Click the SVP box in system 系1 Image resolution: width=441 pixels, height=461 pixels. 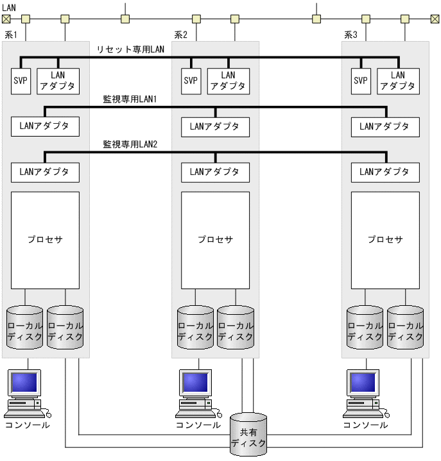[21, 81]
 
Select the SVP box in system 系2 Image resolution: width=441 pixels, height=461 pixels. [191, 81]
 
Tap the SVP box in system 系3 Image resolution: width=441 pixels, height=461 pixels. [361, 81]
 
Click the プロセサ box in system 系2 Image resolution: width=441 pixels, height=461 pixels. [215, 240]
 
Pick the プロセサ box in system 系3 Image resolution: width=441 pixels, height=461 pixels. [385, 240]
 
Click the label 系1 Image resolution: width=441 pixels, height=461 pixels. [11, 34]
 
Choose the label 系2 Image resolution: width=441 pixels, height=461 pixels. [180, 34]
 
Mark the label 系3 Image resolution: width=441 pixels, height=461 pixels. [350, 34]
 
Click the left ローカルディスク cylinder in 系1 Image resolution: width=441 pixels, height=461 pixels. [25, 327]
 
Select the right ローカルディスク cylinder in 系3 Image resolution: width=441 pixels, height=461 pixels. [406, 327]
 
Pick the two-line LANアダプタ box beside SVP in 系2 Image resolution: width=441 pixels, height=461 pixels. [228, 81]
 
